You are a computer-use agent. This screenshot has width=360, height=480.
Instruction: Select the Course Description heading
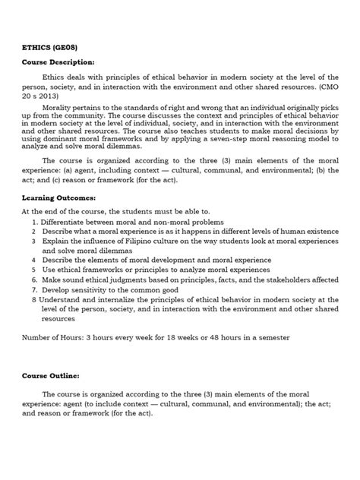pos(58,62)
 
